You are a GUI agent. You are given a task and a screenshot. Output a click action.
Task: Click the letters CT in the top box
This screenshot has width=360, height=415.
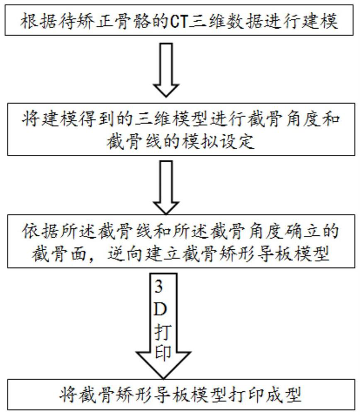(x=179, y=21)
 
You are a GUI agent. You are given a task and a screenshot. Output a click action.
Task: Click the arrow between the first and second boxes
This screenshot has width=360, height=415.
(x=166, y=70)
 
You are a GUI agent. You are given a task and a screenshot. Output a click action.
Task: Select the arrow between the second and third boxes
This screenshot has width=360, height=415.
(x=166, y=188)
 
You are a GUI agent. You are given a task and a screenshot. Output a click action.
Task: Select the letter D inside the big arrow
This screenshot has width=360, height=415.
(x=160, y=309)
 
